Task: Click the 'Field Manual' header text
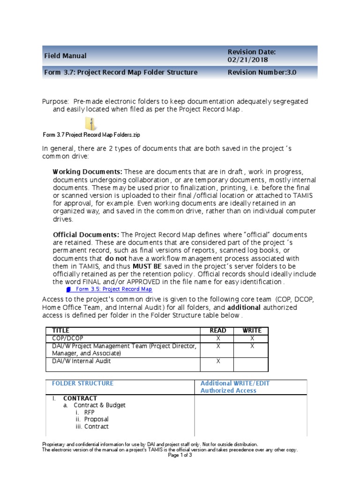click(65, 56)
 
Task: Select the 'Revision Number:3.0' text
click(262, 73)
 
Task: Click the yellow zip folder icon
click(91, 124)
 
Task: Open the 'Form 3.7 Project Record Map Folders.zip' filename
click(91, 135)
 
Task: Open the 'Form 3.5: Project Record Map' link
click(113, 289)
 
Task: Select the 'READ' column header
click(217, 331)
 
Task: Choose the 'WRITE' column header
click(252, 331)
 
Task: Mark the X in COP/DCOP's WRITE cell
click(252, 338)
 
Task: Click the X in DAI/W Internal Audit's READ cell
click(217, 361)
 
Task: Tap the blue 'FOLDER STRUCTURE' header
click(82, 383)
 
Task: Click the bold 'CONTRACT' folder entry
click(80, 398)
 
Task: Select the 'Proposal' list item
click(97, 419)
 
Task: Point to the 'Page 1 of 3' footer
click(180, 455)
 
